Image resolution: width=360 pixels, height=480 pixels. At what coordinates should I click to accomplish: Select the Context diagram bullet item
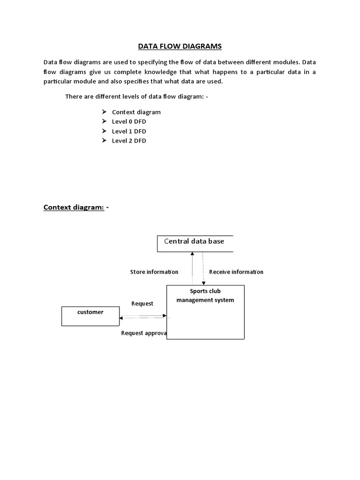pos(136,112)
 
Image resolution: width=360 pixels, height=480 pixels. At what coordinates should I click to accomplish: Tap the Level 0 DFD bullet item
pos(129,121)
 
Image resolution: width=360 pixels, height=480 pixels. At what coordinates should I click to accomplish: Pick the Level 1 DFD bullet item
pos(129,131)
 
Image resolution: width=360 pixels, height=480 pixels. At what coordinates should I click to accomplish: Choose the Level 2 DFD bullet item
pos(129,141)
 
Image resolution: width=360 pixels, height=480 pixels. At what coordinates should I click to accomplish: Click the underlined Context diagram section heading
pos(74,207)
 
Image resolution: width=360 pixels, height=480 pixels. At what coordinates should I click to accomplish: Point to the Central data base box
pos(195,243)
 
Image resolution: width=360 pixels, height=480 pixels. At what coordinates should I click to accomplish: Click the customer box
pos(90,315)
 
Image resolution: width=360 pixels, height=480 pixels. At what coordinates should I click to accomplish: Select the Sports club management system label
pos(205,296)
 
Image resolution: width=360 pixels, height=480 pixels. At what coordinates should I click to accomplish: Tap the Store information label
pos(154,272)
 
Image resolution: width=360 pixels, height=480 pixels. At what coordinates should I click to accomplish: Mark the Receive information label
pos(236,272)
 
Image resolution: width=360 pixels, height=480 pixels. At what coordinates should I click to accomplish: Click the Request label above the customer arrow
pos(142,304)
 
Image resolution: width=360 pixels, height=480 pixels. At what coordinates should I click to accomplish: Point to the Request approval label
pos(144,333)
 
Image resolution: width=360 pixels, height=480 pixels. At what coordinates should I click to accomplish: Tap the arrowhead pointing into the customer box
pos(121,318)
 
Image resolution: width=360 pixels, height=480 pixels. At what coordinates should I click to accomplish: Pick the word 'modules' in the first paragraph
pos(286,62)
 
